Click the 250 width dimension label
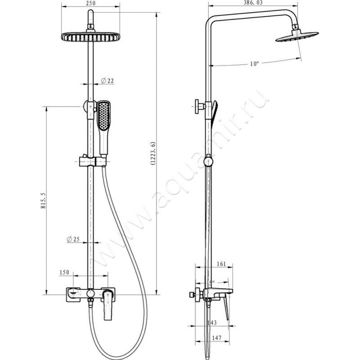[x=90, y=3]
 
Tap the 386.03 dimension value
[x=253, y=3]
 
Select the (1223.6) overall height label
[x=153, y=153]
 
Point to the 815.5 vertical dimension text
[x=43, y=200]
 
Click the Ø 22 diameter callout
[x=107, y=81]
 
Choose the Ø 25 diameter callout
[x=73, y=239]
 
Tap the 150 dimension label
[x=64, y=272]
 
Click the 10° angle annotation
[x=254, y=63]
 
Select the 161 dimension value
[x=221, y=264]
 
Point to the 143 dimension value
[x=212, y=323]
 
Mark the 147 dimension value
[x=216, y=338]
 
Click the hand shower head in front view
[x=104, y=116]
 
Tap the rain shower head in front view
[x=91, y=37]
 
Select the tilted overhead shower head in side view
[x=297, y=36]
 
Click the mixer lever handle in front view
[x=108, y=305]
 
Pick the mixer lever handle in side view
[x=225, y=308]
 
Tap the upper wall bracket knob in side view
[x=199, y=107]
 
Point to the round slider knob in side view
[x=208, y=161]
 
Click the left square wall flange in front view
[x=73, y=295]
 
